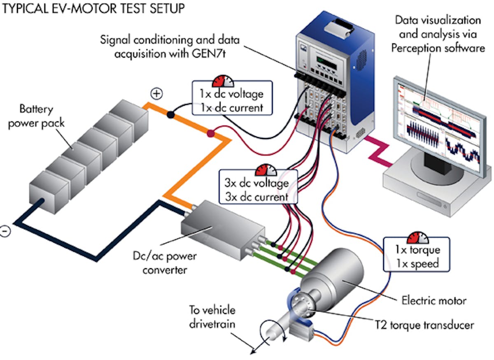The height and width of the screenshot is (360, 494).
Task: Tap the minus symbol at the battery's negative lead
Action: point(4,231)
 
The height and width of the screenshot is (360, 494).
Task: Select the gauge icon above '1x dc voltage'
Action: point(223,80)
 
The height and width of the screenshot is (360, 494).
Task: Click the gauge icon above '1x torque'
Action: point(417,238)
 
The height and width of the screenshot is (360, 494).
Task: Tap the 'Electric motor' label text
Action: point(434,300)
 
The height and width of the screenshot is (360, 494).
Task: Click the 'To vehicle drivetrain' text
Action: point(212,316)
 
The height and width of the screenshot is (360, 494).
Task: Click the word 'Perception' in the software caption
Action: point(415,48)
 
